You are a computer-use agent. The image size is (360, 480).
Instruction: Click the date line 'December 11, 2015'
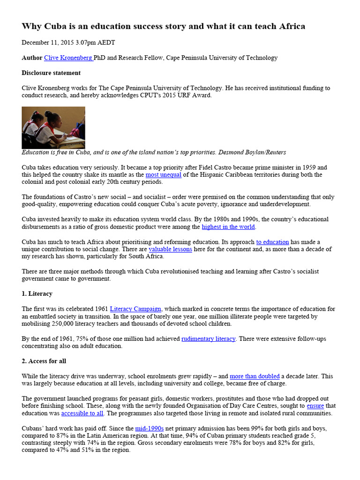pyautogui.click(x=68, y=43)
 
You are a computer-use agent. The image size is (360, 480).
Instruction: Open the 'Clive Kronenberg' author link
pyautogui.click(x=68, y=58)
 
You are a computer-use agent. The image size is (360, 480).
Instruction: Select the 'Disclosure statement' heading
pyautogui.click(x=51, y=73)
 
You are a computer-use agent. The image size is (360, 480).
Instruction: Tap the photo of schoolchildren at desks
pyautogui.click(x=53, y=127)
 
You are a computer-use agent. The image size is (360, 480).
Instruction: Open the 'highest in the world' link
pyautogui.click(x=228, y=227)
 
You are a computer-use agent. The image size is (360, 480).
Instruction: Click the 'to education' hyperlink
pyautogui.click(x=272, y=242)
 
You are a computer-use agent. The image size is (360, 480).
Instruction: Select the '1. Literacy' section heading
pyautogui.click(x=37, y=293)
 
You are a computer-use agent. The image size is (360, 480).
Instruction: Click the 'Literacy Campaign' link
pyautogui.click(x=136, y=309)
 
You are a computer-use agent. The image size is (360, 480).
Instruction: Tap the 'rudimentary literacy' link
pyautogui.click(x=208, y=338)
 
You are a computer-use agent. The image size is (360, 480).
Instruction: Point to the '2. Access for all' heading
pyautogui.click(x=44, y=361)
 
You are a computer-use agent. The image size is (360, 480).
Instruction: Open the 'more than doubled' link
pyautogui.click(x=255, y=376)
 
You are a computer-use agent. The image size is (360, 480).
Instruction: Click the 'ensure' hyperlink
pyautogui.click(x=315, y=405)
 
